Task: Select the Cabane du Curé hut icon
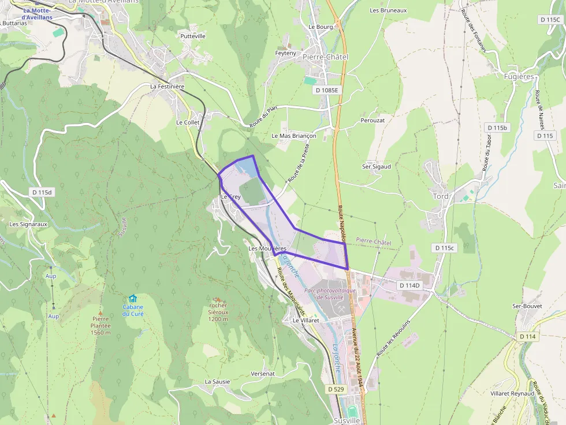tap(133, 299)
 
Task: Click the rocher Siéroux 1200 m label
tap(218, 312)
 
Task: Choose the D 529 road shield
tap(336, 389)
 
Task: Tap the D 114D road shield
tap(409, 285)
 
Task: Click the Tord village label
tap(441, 196)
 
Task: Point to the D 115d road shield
tap(42, 192)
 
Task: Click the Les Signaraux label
tap(28, 224)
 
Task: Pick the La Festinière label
tap(167, 86)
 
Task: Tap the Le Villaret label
tap(306, 320)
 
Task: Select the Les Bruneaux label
tap(388, 10)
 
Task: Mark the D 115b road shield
tap(497, 127)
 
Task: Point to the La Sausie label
tap(217, 382)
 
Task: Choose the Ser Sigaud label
tap(377, 167)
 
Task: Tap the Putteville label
tap(193, 36)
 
